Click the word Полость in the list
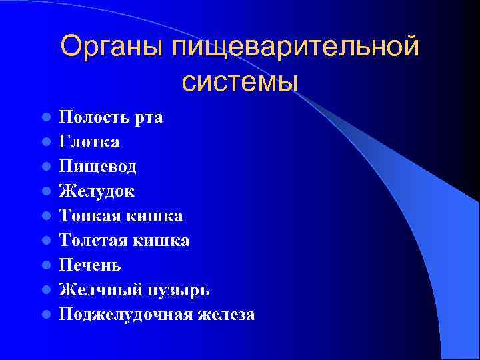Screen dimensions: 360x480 pos(92,118)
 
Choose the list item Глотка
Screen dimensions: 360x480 pos(89,142)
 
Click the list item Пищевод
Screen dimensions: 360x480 pos(97,167)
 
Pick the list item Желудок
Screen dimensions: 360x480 pos(97,191)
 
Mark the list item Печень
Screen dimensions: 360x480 pos(90,265)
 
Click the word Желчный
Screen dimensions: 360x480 pos(95,290)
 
